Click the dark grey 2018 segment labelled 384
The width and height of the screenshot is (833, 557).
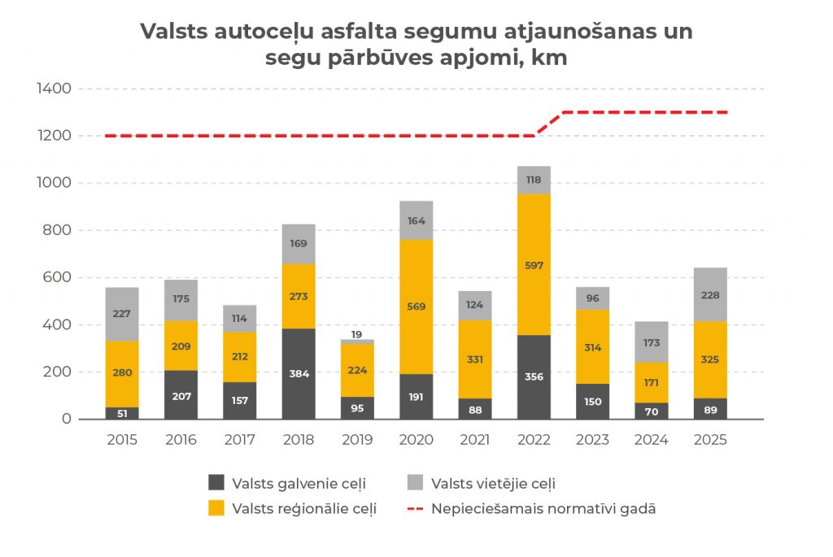299,374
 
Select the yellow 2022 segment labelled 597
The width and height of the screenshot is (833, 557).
534,264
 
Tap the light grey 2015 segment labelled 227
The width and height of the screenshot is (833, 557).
122,314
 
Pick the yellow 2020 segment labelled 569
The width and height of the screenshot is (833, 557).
416,307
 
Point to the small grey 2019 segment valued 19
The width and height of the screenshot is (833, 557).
357,342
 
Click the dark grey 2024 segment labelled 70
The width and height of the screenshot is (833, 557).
652,411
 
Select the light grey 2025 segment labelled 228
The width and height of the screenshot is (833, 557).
710,294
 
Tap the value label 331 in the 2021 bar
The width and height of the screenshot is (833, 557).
475,359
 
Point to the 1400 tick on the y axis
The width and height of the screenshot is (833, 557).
55,89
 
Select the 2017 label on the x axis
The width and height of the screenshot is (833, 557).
239,440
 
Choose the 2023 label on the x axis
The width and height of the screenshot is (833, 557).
592,440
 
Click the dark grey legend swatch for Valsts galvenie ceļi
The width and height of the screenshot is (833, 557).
216,482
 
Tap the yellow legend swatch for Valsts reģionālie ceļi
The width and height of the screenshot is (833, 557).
216,508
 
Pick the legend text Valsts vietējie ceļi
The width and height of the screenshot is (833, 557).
493,484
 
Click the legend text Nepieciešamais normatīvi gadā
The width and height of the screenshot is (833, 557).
543,509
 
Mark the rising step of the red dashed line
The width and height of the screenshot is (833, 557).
549,124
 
